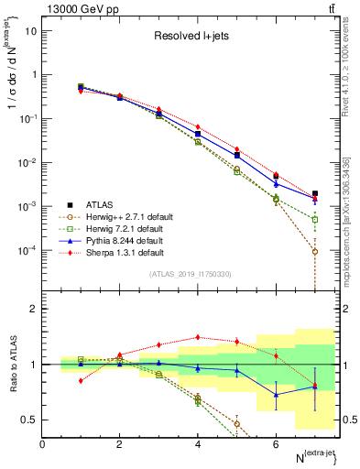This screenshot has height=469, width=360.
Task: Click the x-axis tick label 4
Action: tap(198, 443)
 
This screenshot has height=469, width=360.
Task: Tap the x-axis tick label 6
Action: tap(276, 443)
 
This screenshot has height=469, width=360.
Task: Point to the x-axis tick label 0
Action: tap(42, 443)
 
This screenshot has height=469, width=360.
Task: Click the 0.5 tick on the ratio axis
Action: tap(29, 420)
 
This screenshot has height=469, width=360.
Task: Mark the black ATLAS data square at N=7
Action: tap(314, 194)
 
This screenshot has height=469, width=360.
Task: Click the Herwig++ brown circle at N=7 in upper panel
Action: tap(314, 252)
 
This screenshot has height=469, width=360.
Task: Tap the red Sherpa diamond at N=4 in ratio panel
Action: tap(198, 337)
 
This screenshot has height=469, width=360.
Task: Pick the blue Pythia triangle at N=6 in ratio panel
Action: tap(276, 395)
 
